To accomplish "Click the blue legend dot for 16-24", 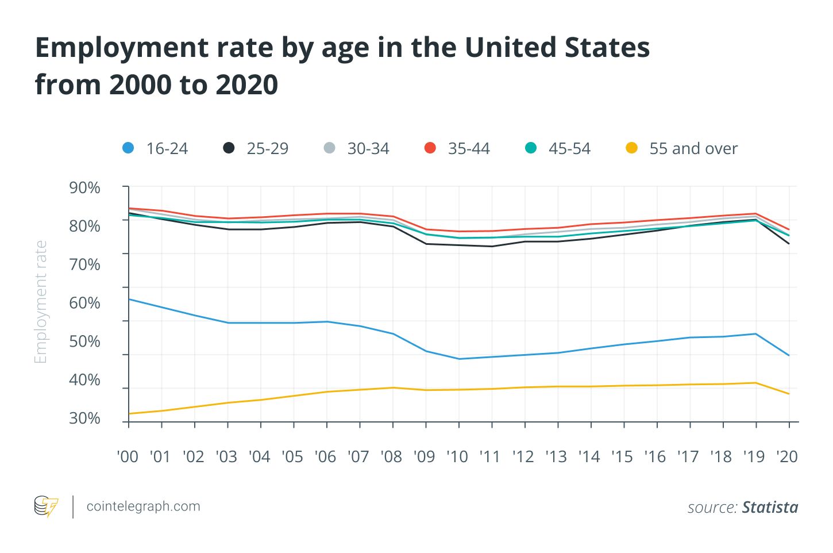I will pyautogui.click(x=128, y=148).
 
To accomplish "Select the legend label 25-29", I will pyautogui.click(x=267, y=149).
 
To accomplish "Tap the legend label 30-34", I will pyautogui.click(x=368, y=149).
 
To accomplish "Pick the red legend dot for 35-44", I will pyautogui.click(x=430, y=148).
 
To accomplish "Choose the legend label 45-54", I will pyautogui.click(x=569, y=149).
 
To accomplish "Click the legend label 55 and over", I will pyautogui.click(x=693, y=149).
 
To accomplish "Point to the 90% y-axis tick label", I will pyautogui.click(x=84, y=187).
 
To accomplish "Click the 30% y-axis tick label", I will pyautogui.click(x=84, y=418).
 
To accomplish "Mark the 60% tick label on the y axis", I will pyautogui.click(x=84, y=303).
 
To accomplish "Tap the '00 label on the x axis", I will pyautogui.click(x=128, y=456).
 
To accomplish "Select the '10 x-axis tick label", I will pyautogui.click(x=457, y=456).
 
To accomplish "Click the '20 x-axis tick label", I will pyautogui.click(x=787, y=456).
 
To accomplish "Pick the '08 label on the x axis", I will pyautogui.click(x=391, y=456).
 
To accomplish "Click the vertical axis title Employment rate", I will pyautogui.click(x=40, y=302).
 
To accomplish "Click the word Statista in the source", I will pyautogui.click(x=770, y=507).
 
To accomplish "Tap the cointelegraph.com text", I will pyautogui.click(x=143, y=506).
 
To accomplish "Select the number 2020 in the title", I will pyautogui.click(x=247, y=85).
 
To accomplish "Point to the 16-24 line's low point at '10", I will pyautogui.click(x=459, y=359).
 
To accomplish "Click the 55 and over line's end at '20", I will pyautogui.click(x=789, y=394).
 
